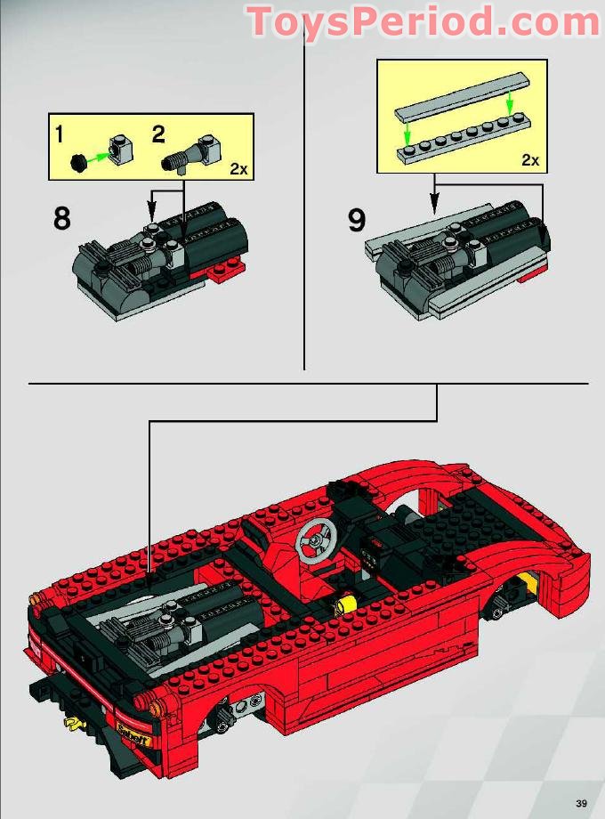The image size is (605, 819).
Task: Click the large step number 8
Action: pyautogui.click(x=61, y=218)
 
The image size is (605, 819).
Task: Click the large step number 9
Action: pyautogui.click(x=357, y=218)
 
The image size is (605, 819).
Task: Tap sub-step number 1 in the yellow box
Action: pyautogui.click(x=60, y=135)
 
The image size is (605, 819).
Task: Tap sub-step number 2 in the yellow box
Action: pyautogui.click(x=158, y=135)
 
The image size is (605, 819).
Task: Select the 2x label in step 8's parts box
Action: pyautogui.click(x=238, y=168)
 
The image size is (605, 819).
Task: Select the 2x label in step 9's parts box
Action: pyautogui.click(x=529, y=160)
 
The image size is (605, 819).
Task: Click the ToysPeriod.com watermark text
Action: pyautogui.click(x=423, y=21)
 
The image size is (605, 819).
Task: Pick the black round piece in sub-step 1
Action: pyautogui.click(x=78, y=161)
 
